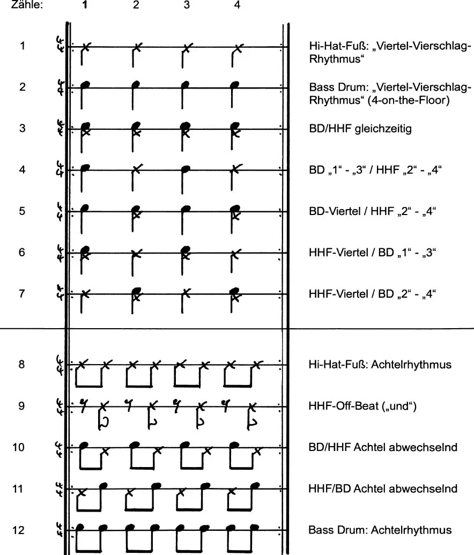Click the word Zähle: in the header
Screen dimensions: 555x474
point(27,6)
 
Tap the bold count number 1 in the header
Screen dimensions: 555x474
point(85,6)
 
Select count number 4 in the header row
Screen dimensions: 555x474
point(237,6)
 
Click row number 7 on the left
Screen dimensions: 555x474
point(22,293)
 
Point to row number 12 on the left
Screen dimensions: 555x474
point(18,530)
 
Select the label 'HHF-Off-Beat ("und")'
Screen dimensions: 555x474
point(362,406)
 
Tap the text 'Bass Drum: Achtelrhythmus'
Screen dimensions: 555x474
point(380,530)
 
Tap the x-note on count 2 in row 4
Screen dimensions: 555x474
point(137,169)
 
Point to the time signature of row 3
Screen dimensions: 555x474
point(60,128)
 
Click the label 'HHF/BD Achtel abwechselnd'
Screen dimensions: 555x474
point(383,489)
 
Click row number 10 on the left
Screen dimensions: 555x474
point(18,447)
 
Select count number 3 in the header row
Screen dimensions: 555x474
point(186,6)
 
